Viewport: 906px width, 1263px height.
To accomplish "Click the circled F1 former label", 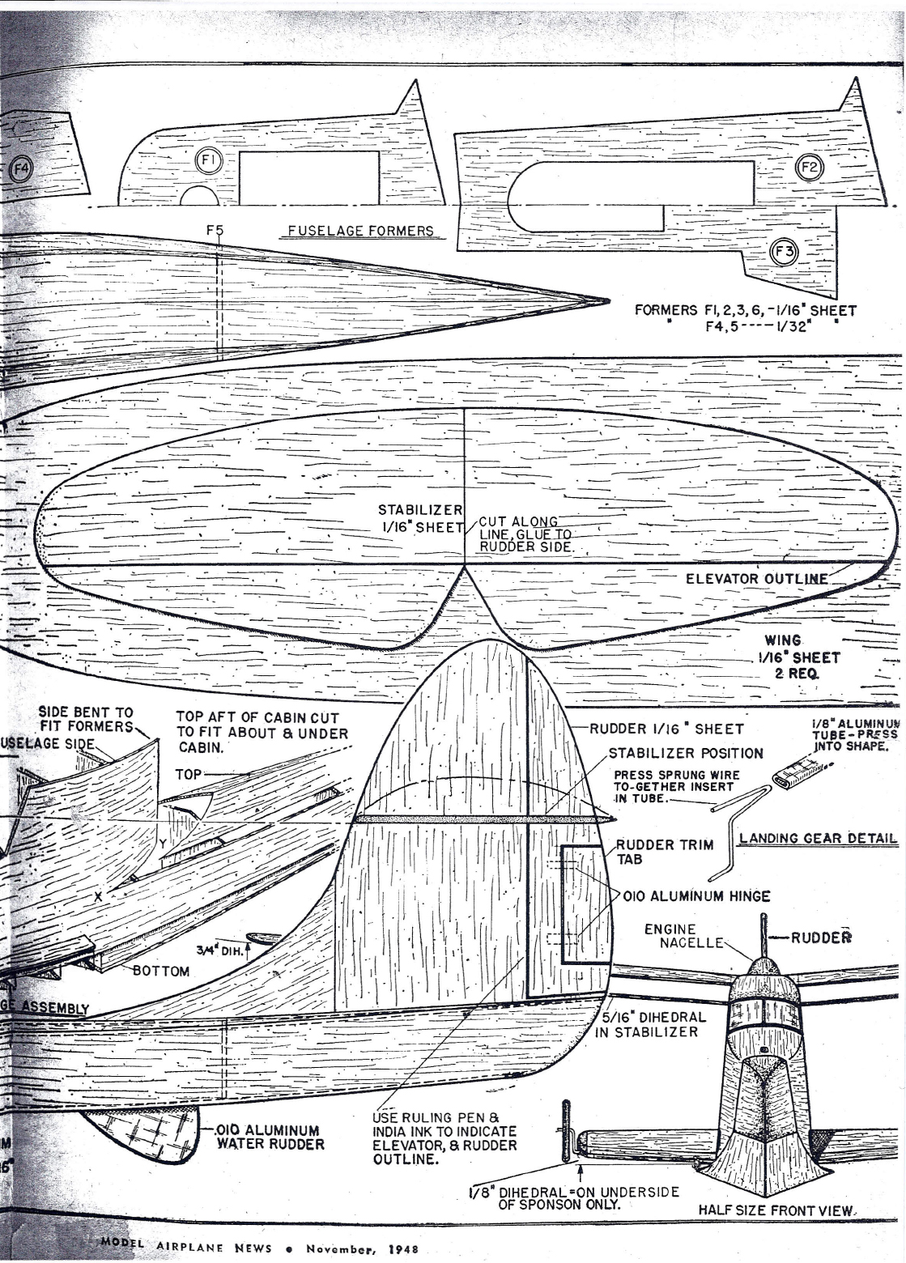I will tap(206, 161).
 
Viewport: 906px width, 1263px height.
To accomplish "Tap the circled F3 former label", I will tap(784, 252).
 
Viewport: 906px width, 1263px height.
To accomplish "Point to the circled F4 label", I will tap(21, 170).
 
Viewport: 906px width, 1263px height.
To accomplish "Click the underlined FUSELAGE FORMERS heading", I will tap(360, 231).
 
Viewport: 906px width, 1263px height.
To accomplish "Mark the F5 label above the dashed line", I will tap(214, 230).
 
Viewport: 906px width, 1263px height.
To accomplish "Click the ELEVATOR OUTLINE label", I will tap(756, 578).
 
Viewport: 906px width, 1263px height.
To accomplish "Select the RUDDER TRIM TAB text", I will tap(664, 852).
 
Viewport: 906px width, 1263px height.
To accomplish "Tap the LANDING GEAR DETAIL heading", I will tap(818, 838).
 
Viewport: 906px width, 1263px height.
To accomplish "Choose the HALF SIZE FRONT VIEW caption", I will tap(776, 1210).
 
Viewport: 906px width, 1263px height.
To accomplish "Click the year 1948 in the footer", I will tap(402, 1248).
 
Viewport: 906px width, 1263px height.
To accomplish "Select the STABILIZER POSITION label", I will tap(686, 752).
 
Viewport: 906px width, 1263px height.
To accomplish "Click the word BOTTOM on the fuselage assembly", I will tap(161, 971).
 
